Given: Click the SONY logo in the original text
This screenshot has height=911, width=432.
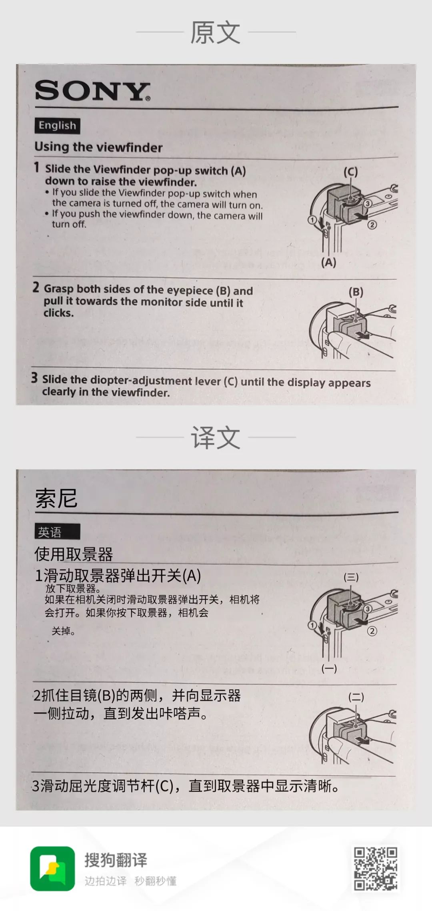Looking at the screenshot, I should [x=92, y=91].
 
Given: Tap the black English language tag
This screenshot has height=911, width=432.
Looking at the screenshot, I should [x=57, y=126].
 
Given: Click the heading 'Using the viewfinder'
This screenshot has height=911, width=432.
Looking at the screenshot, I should [x=98, y=147].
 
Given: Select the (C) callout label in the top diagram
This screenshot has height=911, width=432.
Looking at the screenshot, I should [x=350, y=172].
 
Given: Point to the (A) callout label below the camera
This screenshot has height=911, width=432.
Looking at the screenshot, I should [x=328, y=263].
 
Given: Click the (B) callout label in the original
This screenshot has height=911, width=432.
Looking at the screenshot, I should [x=356, y=292].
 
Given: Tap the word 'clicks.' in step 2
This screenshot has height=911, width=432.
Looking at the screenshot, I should [x=59, y=313].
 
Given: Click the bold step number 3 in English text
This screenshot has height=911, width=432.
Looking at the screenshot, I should [x=35, y=378].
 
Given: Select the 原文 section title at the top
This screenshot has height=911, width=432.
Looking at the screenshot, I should [x=215, y=32].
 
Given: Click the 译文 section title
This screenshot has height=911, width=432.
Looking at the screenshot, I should [x=215, y=437].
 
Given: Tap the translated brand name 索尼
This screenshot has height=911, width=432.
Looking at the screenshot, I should [x=56, y=498].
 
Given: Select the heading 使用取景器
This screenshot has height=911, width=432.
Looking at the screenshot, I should [x=74, y=554].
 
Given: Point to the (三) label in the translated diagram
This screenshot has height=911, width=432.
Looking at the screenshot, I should [x=351, y=577].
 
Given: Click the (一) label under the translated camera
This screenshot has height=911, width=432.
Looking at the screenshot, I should [x=329, y=668].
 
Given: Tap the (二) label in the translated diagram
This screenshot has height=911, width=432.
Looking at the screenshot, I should [x=356, y=697].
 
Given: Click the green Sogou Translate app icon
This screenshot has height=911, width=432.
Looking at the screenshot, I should [x=52, y=868].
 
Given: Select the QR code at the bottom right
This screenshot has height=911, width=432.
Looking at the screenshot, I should [x=375, y=868].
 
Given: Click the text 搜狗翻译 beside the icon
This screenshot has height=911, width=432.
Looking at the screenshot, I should [x=116, y=860].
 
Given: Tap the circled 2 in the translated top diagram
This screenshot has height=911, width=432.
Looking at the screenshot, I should [x=372, y=631].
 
